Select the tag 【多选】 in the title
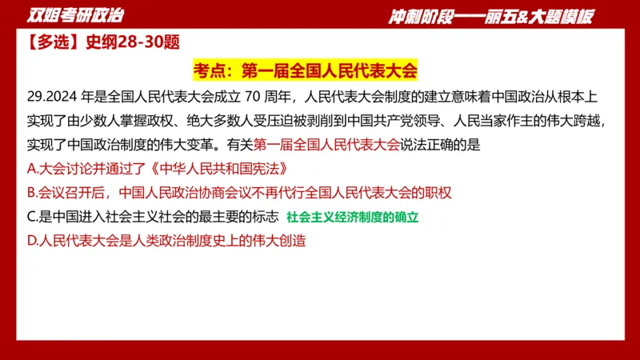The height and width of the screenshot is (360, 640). (x=45, y=43)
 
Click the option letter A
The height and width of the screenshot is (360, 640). (x=31, y=170)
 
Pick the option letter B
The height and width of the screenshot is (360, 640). (x=31, y=193)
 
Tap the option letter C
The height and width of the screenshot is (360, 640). (x=31, y=216)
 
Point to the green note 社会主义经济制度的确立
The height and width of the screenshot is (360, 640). (x=353, y=217)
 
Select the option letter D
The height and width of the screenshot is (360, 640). (x=32, y=240)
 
